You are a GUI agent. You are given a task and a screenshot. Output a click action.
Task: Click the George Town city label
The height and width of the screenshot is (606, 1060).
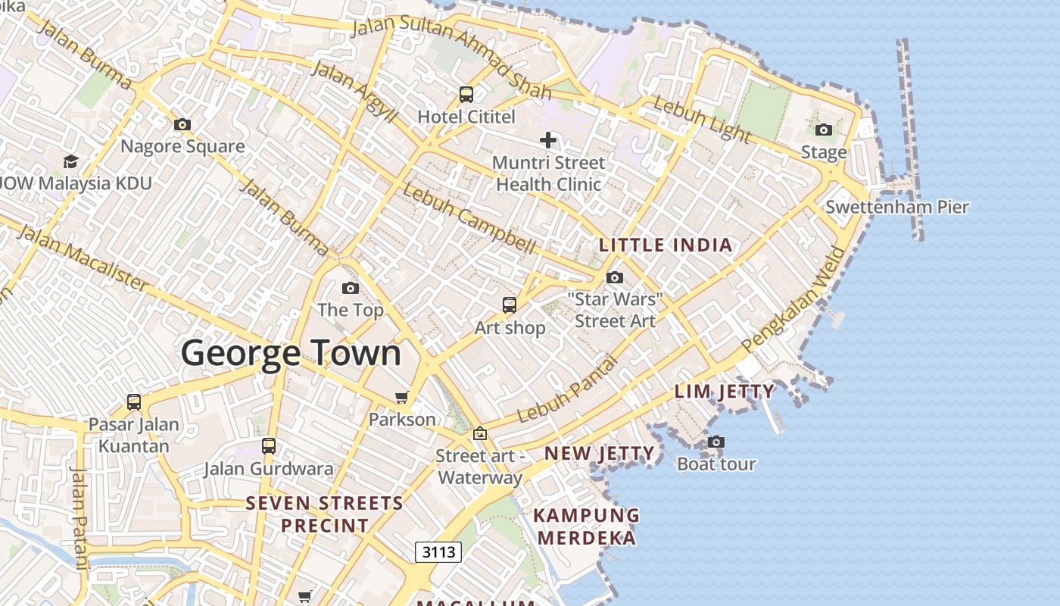pyautogui.click(x=291, y=354)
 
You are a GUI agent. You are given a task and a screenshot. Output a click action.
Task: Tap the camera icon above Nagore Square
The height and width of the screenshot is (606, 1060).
pyautogui.click(x=182, y=124)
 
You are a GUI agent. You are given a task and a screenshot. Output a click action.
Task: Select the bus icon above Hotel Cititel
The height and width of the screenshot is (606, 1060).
pyautogui.click(x=466, y=95)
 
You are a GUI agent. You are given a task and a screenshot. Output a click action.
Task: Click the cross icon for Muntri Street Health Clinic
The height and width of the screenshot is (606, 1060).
pyautogui.click(x=548, y=139)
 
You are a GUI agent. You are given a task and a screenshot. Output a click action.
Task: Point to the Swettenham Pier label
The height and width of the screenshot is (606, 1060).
pyautogui.click(x=896, y=207)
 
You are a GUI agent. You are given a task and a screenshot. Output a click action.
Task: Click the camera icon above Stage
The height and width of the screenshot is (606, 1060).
pyautogui.click(x=824, y=130)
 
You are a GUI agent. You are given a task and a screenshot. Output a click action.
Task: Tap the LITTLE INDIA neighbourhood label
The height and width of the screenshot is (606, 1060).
pyautogui.click(x=666, y=245)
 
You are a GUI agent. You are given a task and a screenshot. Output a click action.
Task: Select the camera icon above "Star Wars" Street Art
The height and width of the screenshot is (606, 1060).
pyautogui.click(x=615, y=277)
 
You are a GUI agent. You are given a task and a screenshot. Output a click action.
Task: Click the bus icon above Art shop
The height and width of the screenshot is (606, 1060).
pyautogui.click(x=510, y=305)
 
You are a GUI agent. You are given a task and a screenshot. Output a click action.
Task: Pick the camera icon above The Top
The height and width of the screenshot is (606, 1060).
pyautogui.click(x=350, y=288)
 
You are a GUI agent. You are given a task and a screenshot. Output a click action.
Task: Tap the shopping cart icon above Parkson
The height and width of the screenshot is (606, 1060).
pyautogui.click(x=402, y=397)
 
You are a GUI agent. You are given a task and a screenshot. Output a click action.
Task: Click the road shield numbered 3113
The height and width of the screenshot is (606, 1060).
pyautogui.click(x=438, y=551)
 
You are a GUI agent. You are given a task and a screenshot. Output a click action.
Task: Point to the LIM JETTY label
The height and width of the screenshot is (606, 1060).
pyautogui.click(x=725, y=392)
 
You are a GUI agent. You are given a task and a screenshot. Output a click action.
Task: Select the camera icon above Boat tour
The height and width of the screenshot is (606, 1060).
pyautogui.click(x=715, y=442)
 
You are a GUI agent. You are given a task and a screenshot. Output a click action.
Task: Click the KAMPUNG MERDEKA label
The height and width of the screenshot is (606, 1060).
pyautogui.click(x=586, y=526)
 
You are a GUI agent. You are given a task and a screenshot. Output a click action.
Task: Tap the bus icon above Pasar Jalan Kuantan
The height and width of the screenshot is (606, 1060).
pyautogui.click(x=134, y=401)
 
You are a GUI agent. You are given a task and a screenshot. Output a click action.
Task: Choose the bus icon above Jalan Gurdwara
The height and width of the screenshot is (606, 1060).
pyautogui.click(x=269, y=445)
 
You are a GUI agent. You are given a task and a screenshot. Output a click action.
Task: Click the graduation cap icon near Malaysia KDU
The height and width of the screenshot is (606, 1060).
pyautogui.click(x=70, y=161)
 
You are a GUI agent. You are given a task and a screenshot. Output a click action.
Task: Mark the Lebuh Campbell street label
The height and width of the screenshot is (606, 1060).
pyautogui.click(x=469, y=219)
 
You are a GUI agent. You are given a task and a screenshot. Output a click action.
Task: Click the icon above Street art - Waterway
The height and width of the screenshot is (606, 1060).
pyautogui.click(x=479, y=434)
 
